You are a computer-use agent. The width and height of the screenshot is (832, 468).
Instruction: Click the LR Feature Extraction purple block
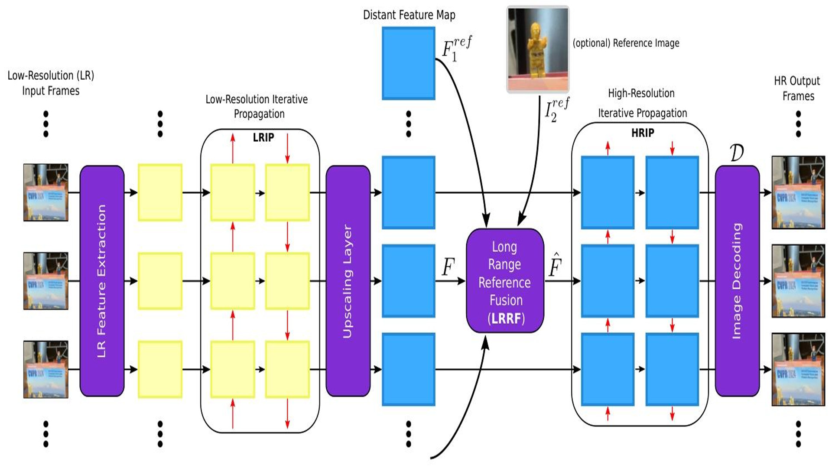point(102,281)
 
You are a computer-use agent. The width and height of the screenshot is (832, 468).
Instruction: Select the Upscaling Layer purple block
point(348,281)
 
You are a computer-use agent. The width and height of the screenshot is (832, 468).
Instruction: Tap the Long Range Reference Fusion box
point(505,281)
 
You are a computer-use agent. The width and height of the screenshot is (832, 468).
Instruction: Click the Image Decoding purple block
point(737,281)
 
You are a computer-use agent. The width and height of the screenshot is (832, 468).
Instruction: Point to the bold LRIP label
point(263,137)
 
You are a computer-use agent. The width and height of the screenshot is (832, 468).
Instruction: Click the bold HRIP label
point(642,133)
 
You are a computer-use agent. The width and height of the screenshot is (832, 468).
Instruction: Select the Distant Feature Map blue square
point(408,63)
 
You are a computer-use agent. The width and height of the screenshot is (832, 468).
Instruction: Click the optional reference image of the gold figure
point(538,49)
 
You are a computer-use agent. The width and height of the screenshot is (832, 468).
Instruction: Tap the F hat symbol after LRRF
point(555,265)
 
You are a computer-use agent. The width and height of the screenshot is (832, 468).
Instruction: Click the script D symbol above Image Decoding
point(737,153)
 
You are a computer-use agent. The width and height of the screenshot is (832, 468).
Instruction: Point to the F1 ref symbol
point(456,49)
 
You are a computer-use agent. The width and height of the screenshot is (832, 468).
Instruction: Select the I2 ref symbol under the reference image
point(556,110)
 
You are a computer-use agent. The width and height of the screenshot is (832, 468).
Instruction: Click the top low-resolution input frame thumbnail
point(46,192)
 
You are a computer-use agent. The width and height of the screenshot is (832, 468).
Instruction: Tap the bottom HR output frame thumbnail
point(798,369)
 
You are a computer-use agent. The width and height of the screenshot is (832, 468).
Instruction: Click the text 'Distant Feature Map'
point(409,15)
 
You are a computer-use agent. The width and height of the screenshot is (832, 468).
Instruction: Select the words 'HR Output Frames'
point(797,88)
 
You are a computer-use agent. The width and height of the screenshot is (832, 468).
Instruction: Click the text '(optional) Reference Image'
point(626,43)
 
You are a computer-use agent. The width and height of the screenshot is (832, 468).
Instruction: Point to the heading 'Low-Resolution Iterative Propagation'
point(257,106)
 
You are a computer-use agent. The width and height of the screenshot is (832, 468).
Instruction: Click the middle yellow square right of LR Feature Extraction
point(160,281)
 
